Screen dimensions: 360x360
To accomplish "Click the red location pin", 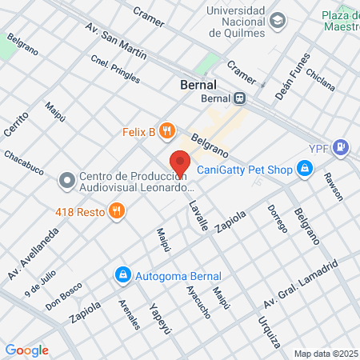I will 181,163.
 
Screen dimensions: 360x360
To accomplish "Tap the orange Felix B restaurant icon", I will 166,131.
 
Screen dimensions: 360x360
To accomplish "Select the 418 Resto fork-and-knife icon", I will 117,211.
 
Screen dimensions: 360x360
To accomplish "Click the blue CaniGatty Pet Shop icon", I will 304,168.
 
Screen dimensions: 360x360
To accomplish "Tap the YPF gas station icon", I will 342,146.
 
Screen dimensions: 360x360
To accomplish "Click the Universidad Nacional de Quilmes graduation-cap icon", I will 278,20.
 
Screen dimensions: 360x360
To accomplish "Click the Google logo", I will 26,350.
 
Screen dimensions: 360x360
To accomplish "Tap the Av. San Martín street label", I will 116,39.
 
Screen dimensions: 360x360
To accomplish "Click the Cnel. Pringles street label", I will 115,70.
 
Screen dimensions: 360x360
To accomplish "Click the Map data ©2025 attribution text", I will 325,354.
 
